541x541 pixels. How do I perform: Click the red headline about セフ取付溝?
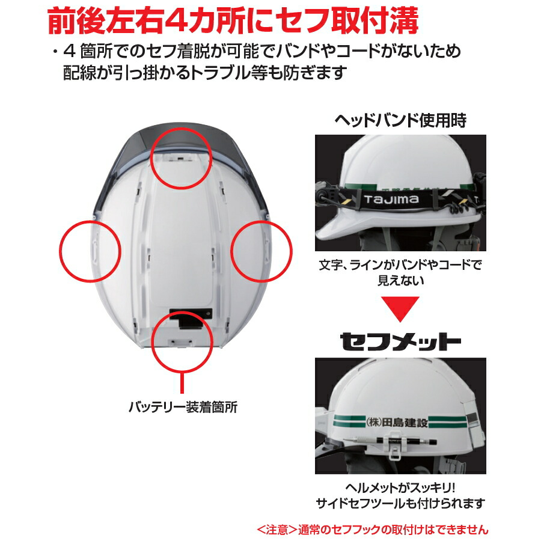[x=233, y=22]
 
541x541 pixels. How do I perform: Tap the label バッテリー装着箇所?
[x=183, y=407]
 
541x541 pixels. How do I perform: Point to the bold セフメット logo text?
[x=400, y=341]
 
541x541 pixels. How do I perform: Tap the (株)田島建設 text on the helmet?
[x=396, y=422]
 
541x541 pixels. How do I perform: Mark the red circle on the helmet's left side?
[x=90, y=251]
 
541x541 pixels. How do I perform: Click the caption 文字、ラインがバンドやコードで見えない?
[x=400, y=272]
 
